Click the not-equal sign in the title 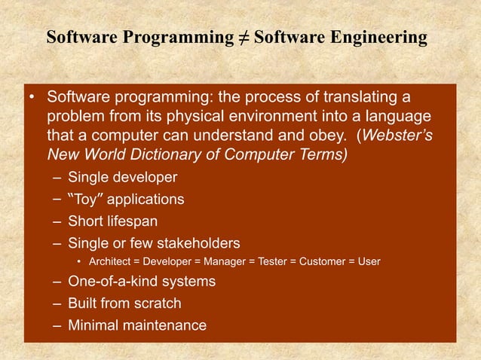point(241,38)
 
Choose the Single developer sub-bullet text point(122,178)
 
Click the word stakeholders point(200,243)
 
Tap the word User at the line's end point(369,262)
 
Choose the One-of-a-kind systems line point(141,282)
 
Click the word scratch point(157,304)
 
